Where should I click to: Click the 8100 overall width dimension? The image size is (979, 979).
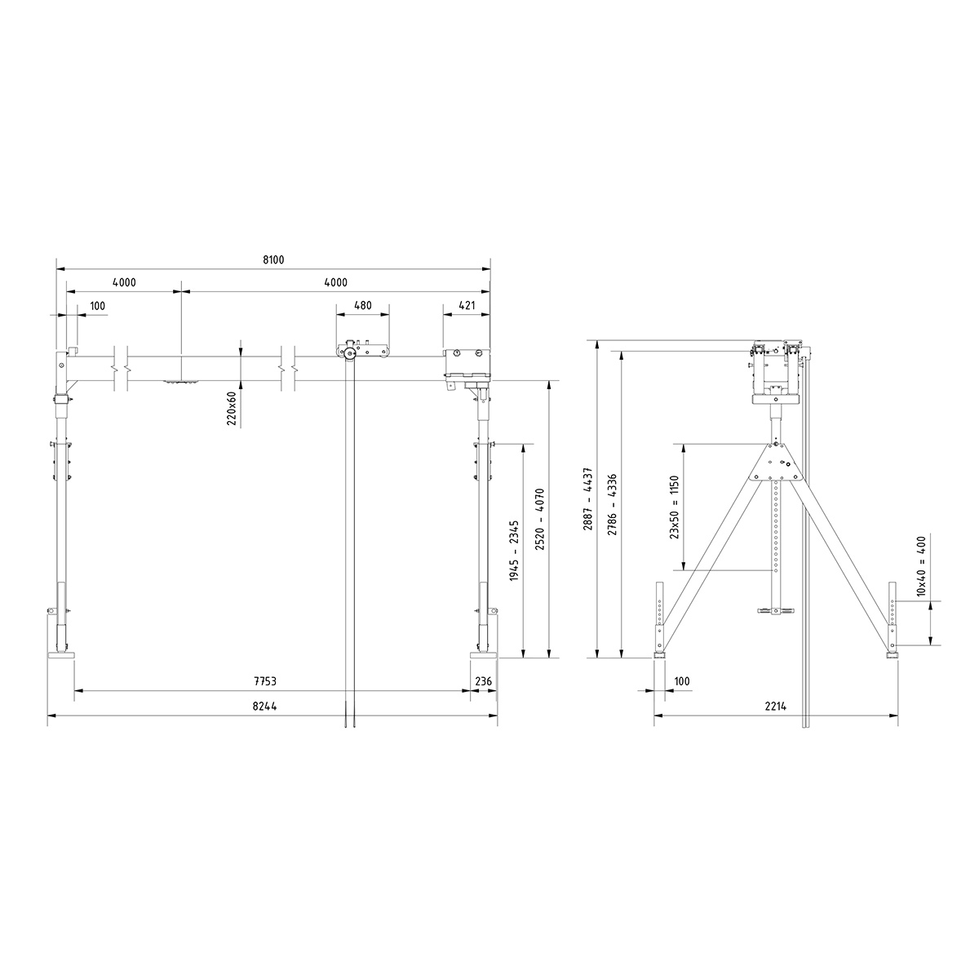click(272, 259)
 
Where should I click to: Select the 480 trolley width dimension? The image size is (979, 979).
click(362, 306)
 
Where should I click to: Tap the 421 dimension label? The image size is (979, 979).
click(467, 306)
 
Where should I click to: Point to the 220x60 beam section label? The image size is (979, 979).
click(232, 408)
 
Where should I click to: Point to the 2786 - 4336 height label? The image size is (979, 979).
click(613, 504)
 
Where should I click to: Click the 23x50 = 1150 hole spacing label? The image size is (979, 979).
click(675, 507)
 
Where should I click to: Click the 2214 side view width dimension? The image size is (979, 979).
click(775, 707)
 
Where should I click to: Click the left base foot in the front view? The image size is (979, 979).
click(61, 654)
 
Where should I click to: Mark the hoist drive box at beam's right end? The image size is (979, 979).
click(467, 364)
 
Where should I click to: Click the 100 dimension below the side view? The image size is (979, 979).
click(682, 680)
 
